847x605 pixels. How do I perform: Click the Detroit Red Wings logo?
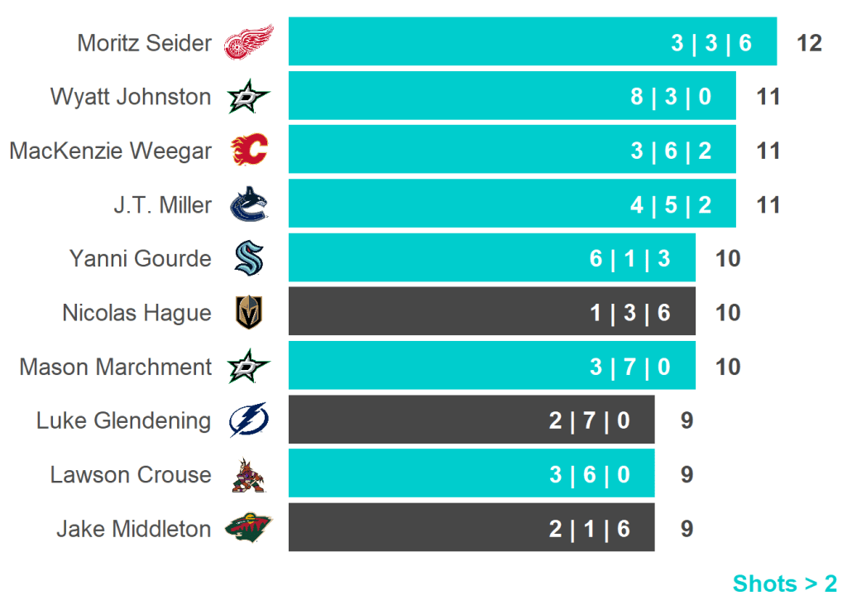coord(249,42)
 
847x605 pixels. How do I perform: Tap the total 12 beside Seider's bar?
coord(809,43)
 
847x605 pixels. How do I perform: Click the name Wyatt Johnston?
coord(131,97)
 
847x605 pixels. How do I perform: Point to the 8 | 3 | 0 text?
coord(670,97)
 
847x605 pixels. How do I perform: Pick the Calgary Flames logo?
coord(249,151)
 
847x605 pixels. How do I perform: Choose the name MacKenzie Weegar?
coord(111,151)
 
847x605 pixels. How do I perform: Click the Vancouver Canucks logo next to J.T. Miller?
coord(249,204)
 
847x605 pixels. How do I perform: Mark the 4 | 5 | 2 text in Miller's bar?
coord(670,205)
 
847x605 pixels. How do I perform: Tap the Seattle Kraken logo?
coord(249,258)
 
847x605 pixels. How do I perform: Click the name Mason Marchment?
coord(116,367)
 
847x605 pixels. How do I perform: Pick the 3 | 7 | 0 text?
coord(629,367)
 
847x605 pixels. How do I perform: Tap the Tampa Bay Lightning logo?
coord(249,420)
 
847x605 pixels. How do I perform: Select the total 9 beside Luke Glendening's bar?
coord(687,420)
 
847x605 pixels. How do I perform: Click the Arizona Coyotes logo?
coord(249,475)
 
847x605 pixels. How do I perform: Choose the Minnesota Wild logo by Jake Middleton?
coord(249,528)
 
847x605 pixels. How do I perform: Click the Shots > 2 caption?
coord(784,583)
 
